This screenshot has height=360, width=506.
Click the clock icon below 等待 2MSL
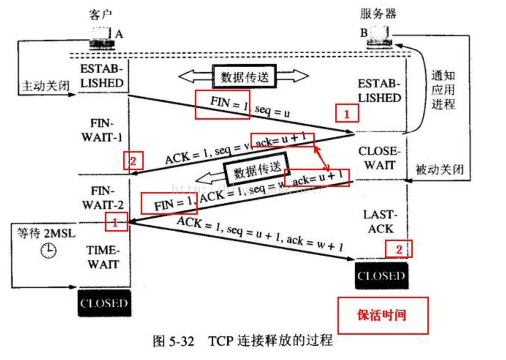pyautogui.click(x=48, y=251)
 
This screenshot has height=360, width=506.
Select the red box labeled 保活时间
pyautogui.click(x=382, y=315)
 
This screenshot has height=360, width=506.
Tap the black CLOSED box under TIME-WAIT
pyautogui.click(x=104, y=303)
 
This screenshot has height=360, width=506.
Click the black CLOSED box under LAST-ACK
pyautogui.click(x=381, y=275)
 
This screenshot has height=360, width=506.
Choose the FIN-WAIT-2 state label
pyautogui.click(x=103, y=198)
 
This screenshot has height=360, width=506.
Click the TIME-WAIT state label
pyautogui.click(x=103, y=257)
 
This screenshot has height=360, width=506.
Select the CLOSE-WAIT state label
pyautogui.click(x=379, y=158)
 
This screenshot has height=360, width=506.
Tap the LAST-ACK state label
pyautogui.click(x=380, y=222)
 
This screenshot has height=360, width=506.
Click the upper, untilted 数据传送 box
pyautogui.click(x=244, y=76)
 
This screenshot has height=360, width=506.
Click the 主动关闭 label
pyautogui.click(x=45, y=86)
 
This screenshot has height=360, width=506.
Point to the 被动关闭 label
pyautogui.click(x=439, y=169)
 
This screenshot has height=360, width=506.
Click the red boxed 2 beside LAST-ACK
pyautogui.click(x=399, y=249)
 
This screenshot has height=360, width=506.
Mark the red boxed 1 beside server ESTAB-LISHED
pyautogui.click(x=347, y=113)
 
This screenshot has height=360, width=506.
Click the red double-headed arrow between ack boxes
pyautogui.click(x=322, y=158)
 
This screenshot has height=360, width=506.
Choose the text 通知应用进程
pyautogui.click(x=443, y=90)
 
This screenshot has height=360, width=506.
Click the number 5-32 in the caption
pyautogui.click(x=181, y=341)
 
